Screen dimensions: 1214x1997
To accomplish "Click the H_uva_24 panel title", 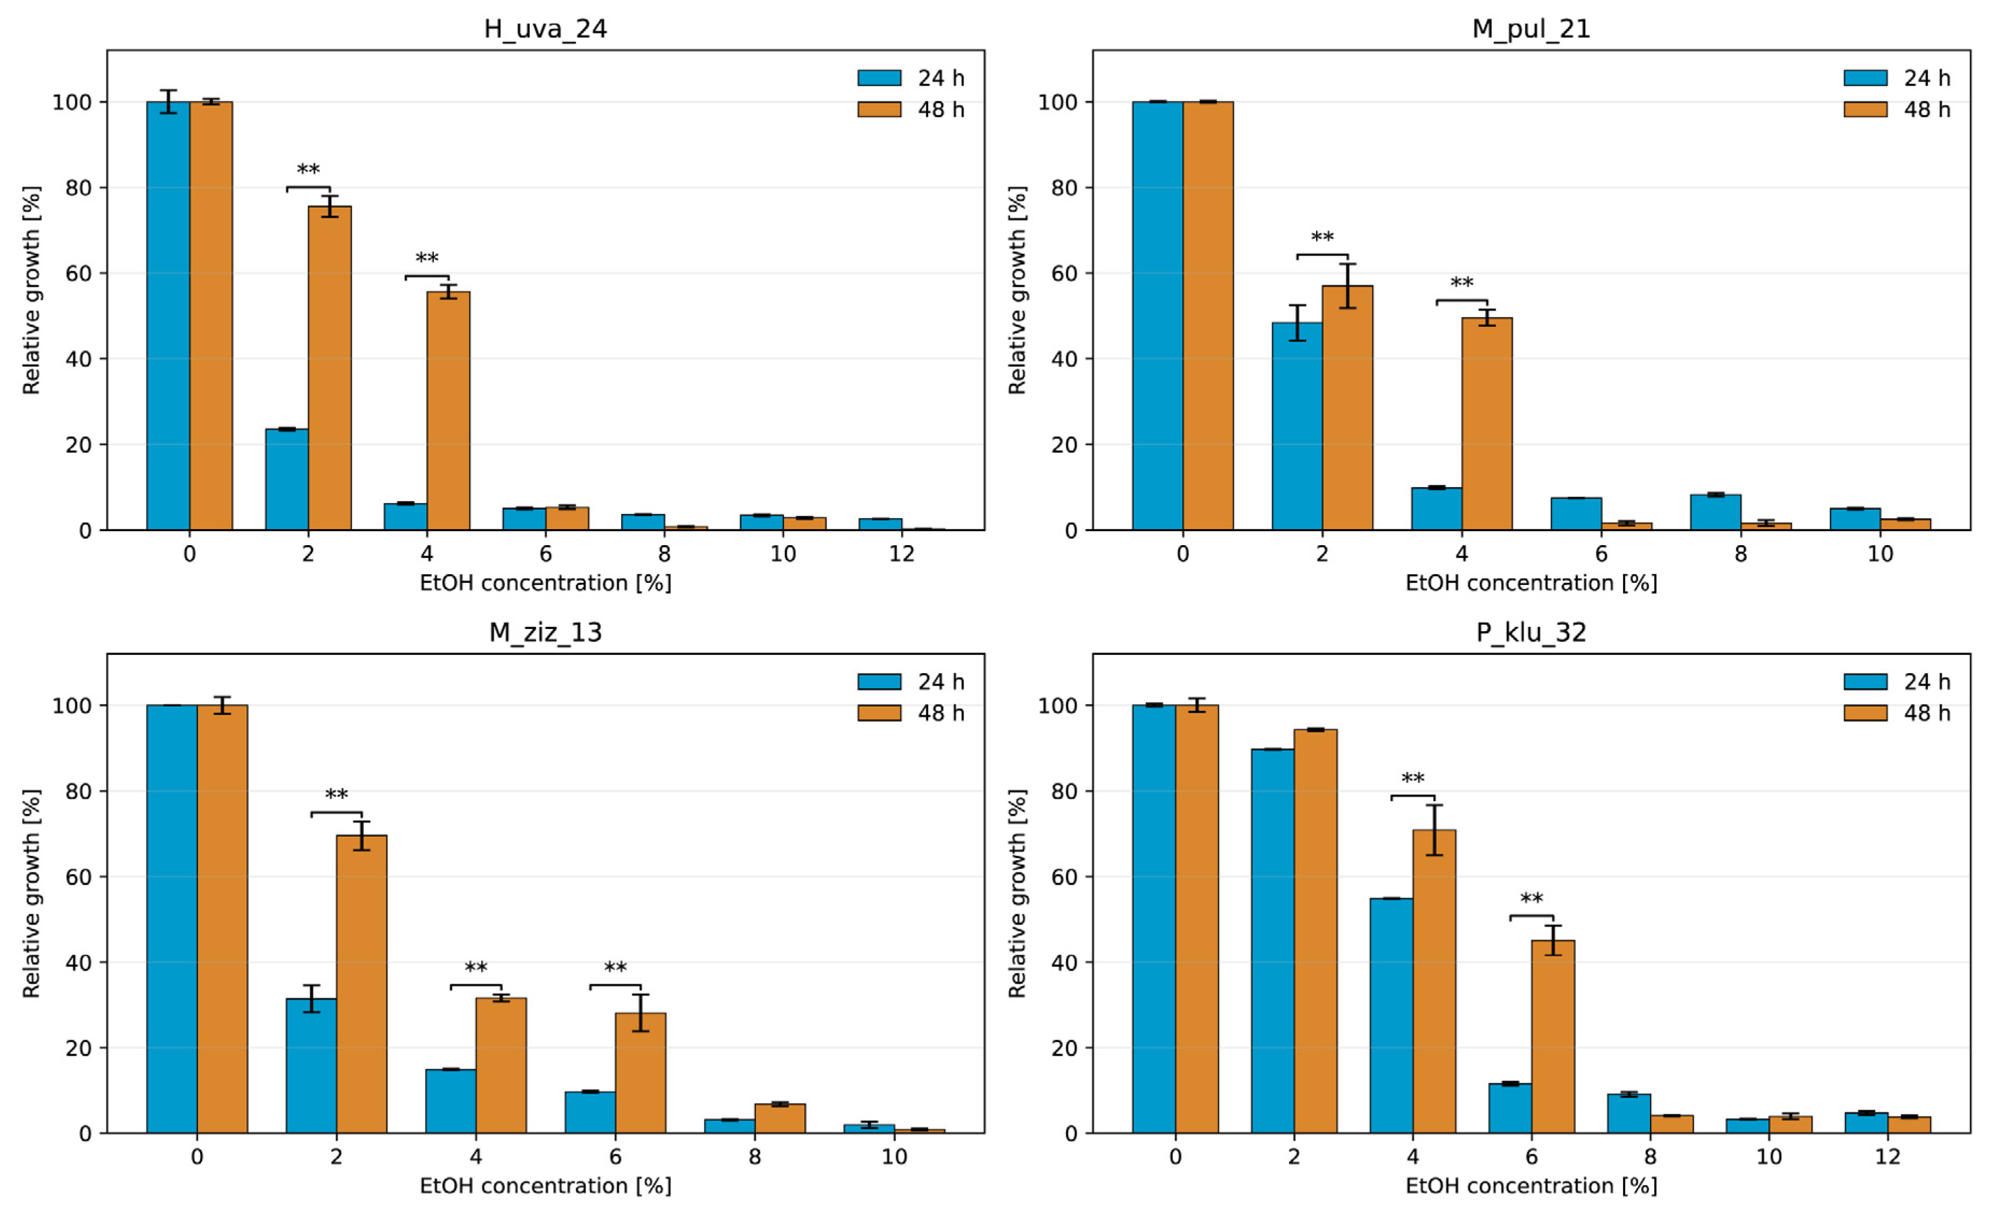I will [x=546, y=29].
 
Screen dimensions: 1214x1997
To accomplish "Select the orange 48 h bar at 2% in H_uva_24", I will [x=330, y=369].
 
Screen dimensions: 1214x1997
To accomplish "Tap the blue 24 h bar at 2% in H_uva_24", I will [x=287, y=480].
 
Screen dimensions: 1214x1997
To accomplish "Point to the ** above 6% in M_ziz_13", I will [x=615, y=968].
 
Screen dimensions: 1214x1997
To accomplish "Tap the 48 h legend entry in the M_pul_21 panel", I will [x=1896, y=109].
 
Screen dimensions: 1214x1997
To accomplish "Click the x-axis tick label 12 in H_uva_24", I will [x=901, y=554].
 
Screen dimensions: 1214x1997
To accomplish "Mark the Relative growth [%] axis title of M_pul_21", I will [x=1017, y=290].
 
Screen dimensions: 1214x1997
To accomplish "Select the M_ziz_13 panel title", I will [x=546, y=632].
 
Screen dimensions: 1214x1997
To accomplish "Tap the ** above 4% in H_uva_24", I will [x=427, y=258].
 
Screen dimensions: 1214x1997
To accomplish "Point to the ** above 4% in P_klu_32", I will [x=1413, y=779].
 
